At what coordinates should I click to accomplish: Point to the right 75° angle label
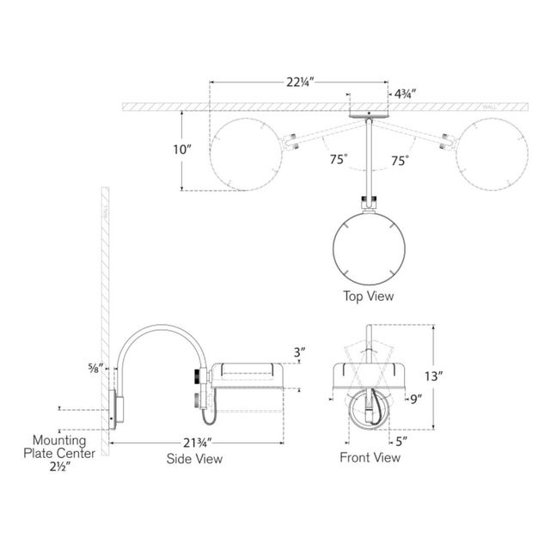(x=400, y=159)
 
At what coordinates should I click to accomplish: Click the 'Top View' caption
(x=368, y=296)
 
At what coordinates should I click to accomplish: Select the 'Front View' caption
(x=370, y=458)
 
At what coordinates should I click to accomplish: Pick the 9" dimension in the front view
(x=416, y=398)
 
